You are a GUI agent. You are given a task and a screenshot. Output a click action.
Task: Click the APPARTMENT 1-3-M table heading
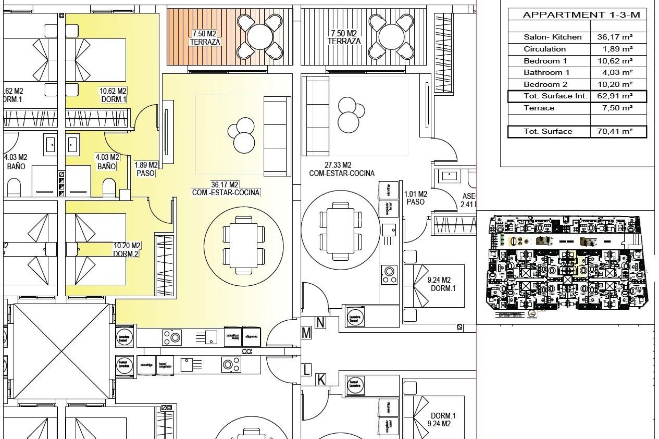[x=581, y=15]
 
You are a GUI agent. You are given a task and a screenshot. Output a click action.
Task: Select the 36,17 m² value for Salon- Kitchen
[x=615, y=37]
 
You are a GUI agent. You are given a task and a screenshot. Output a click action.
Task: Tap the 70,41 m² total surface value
[x=615, y=131]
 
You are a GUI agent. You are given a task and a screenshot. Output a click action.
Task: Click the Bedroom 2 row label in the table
[x=545, y=84]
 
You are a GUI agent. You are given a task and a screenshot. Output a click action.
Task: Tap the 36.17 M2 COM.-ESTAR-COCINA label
[x=226, y=189]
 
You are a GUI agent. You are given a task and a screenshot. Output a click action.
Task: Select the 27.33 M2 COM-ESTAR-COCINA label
[x=342, y=169]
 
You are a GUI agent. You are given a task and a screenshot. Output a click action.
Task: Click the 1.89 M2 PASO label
[x=146, y=169]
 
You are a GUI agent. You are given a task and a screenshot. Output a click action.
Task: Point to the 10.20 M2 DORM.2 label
[x=126, y=250]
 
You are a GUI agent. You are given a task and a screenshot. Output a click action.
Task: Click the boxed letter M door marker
[x=306, y=333]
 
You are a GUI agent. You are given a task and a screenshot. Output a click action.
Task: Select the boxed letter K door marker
[x=321, y=380]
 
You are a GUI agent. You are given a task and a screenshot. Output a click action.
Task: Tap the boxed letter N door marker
[x=320, y=323]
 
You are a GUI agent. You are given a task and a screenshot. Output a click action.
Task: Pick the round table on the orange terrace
[x=260, y=37]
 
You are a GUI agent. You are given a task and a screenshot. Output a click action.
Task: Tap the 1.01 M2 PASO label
[x=415, y=198]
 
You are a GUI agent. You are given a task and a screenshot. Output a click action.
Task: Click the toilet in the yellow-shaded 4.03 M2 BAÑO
[x=109, y=187]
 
